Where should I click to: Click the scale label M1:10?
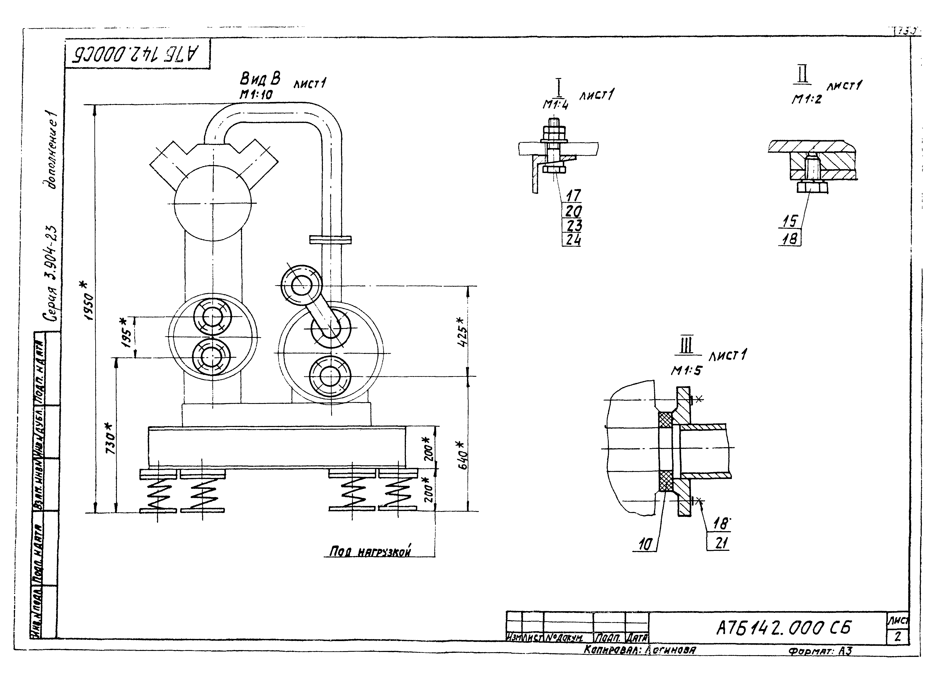click(256, 95)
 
